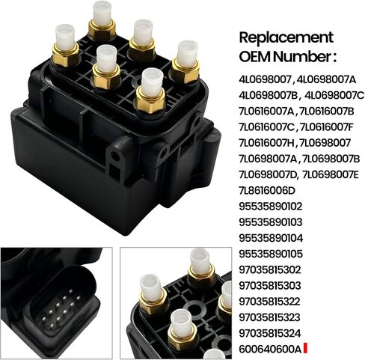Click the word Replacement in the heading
pyautogui.click(x=286, y=38)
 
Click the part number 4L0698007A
pyautogui.click(x=327, y=79)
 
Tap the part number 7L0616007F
pyautogui.click(x=327, y=127)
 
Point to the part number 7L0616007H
pyautogui.click(x=267, y=143)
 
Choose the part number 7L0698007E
pyautogui.click(x=331, y=174)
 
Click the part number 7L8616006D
pyautogui.click(x=267, y=191)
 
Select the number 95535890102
pyautogui.click(x=271, y=207)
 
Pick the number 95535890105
pyautogui.click(x=271, y=254)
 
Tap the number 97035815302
pyautogui.click(x=270, y=269)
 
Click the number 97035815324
pyautogui.click(x=270, y=333)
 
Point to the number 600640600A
pyautogui.click(x=271, y=349)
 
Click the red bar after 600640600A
pyautogui.click(x=305, y=349)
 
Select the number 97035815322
pyautogui.click(x=269, y=302)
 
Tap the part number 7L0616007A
pyautogui.click(x=267, y=112)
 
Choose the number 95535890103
pyautogui.click(x=271, y=222)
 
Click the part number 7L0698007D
pyautogui.click(x=269, y=174)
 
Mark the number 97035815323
pyautogui.click(x=270, y=317)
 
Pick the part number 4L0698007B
pyautogui.click(x=269, y=95)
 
